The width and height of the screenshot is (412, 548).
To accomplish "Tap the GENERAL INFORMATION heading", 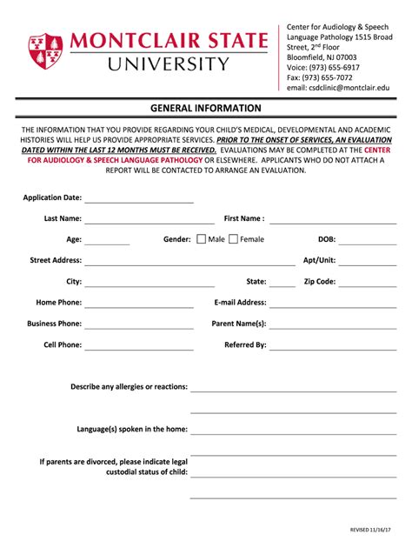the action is (206, 109).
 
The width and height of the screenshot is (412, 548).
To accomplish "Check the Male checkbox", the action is (202, 239).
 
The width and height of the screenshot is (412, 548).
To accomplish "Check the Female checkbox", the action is (233, 239).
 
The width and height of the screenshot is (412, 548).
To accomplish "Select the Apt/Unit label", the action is (319, 260).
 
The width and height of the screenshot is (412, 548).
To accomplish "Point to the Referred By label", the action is (245, 345).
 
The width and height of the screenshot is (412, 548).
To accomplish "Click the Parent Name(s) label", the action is (239, 324).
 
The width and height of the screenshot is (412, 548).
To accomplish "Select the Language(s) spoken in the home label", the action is (132, 429).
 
